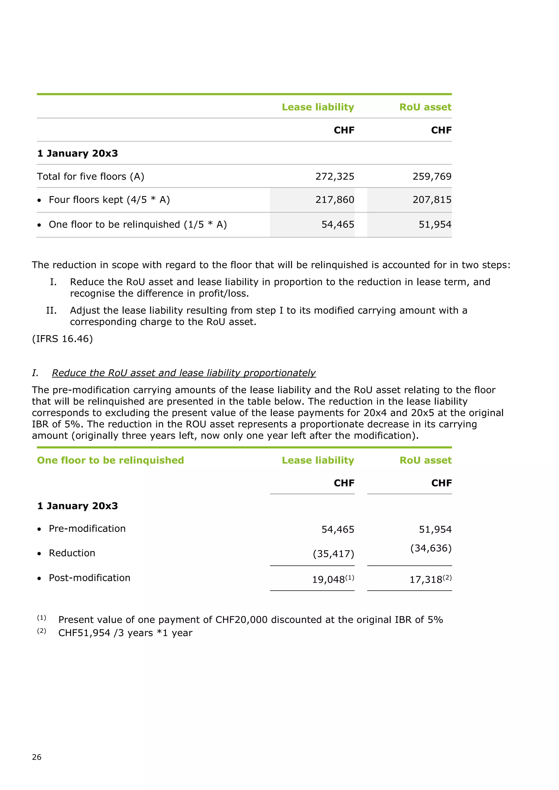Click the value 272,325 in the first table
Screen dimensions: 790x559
point(335,176)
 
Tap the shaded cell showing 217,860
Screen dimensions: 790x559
point(335,200)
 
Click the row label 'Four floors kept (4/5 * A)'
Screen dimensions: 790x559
point(109,200)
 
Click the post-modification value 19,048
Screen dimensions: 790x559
point(328,580)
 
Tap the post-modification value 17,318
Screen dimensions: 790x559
point(426,580)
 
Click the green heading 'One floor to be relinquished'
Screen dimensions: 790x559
point(111,460)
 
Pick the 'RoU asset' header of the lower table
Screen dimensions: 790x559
point(426,460)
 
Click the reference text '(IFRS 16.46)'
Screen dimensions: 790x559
point(62,339)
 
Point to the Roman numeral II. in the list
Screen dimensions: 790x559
point(51,310)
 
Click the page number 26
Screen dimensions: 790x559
point(37,757)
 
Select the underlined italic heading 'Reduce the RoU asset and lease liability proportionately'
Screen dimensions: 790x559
point(183,373)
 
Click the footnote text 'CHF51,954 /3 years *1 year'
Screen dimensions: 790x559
point(125,633)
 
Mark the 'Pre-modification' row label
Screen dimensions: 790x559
point(87,528)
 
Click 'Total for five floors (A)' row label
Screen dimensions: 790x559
point(91,176)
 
